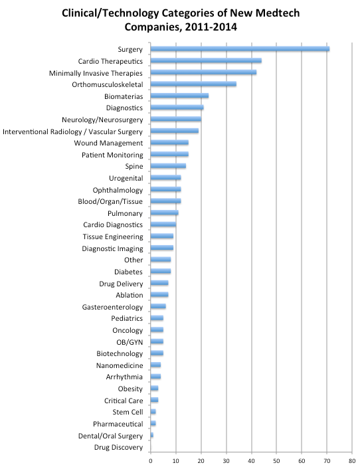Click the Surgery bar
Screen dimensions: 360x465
point(240,49)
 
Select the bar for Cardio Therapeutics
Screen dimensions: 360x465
point(206,60)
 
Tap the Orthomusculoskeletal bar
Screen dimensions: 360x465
point(193,84)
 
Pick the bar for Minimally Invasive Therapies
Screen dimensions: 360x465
point(203,72)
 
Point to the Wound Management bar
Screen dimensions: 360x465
point(169,142)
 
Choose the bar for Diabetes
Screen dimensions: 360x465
point(161,271)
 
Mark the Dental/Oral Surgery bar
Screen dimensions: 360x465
point(152,435)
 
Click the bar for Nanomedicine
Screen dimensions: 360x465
point(155,365)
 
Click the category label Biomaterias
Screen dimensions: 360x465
point(124,96)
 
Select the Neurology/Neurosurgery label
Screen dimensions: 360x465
point(102,120)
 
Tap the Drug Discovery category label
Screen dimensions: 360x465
point(118,447)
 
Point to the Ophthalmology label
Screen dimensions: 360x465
point(118,190)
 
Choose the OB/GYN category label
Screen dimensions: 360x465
point(130,342)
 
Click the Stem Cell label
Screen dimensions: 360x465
point(128,413)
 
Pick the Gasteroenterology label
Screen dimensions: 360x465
point(112,307)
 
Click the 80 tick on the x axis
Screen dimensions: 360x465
point(352,461)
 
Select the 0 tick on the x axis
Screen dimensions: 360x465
point(151,461)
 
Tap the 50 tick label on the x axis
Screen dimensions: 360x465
point(276,461)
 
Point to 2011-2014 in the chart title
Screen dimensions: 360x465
point(211,27)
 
